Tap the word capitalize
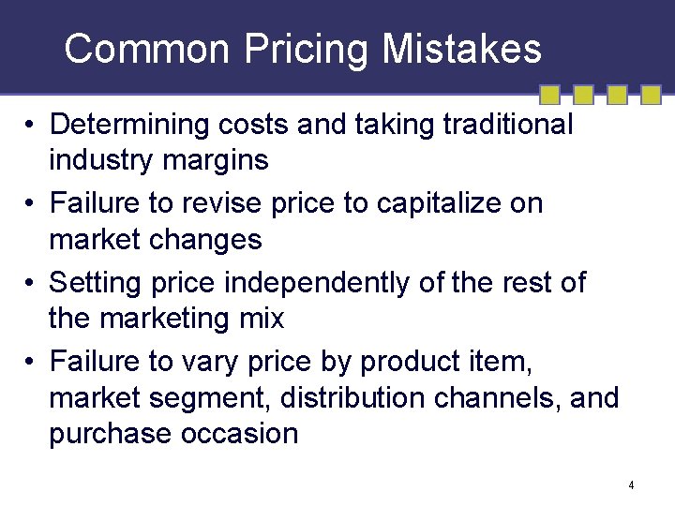pyautogui.click(x=434, y=204)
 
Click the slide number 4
pyautogui.click(x=632, y=485)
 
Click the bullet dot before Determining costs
pyautogui.click(x=31, y=125)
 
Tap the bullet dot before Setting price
pyautogui.click(x=31, y=282)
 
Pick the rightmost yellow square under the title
pyautogui.click(x=650, y=95)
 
